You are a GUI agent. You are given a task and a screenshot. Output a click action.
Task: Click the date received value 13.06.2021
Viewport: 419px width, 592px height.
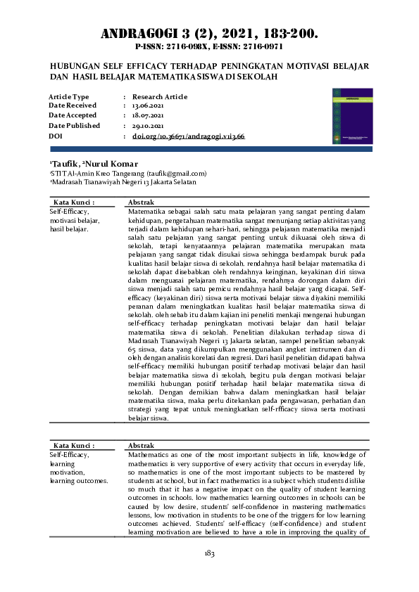click(148, 105)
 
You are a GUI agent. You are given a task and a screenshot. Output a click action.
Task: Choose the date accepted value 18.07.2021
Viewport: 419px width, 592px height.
click(148, 115)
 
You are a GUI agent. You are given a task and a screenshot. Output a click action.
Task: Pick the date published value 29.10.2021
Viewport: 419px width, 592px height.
click(148, 125)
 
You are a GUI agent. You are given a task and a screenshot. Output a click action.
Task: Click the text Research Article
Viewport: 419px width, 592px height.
click(160, 96)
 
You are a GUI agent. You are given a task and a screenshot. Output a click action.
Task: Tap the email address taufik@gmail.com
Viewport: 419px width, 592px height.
click(181, 173)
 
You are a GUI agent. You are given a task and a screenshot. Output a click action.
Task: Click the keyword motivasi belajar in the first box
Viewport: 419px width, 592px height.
click(75, 220)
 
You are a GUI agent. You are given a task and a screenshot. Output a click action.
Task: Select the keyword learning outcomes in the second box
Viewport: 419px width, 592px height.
click(79, 481)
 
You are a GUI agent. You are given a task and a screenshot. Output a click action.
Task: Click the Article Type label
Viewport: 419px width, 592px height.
click(69, 96)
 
